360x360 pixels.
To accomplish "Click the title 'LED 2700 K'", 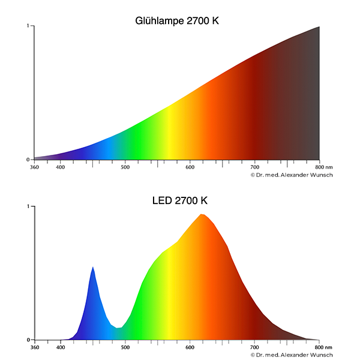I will tap(180, 200).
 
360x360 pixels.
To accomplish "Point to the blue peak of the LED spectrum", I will tap(93, 268).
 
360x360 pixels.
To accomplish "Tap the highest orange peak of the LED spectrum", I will tap(202, 215).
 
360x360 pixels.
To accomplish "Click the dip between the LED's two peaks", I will tap(121, 328).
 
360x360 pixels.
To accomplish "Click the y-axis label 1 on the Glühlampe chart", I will tap(28, 26).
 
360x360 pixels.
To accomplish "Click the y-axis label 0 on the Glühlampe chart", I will tap(28, 160).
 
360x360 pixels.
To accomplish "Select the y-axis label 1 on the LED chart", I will tap(28, 206).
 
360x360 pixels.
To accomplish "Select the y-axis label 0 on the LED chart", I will tap(28, 340).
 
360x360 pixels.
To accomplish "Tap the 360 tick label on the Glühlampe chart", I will tap(35, 167).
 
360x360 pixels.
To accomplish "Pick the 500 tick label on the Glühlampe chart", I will tap(125, 167).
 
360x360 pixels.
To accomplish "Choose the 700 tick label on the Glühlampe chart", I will tap(254, 167).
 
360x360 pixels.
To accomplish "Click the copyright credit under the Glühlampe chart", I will tap(291, 175).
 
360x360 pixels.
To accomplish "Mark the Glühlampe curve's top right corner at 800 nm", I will tap(319, 27).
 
